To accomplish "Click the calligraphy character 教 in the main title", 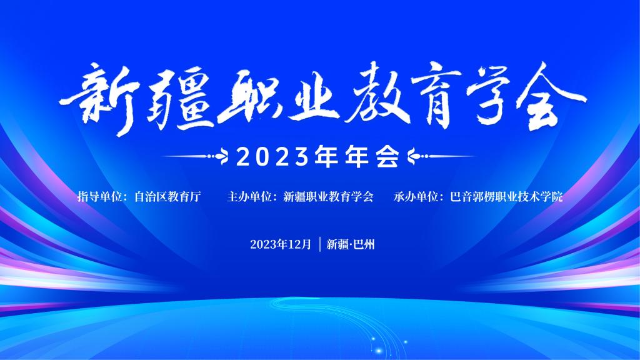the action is [377, 95].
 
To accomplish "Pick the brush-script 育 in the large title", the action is [436, 96].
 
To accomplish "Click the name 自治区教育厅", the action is [167, 197].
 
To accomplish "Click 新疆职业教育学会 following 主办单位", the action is [328, 197].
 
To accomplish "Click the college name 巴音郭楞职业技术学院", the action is [506, 197].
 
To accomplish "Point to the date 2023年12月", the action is [281, 244].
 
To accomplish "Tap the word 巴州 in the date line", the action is [364, 244].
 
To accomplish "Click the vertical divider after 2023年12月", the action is [320, 244].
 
